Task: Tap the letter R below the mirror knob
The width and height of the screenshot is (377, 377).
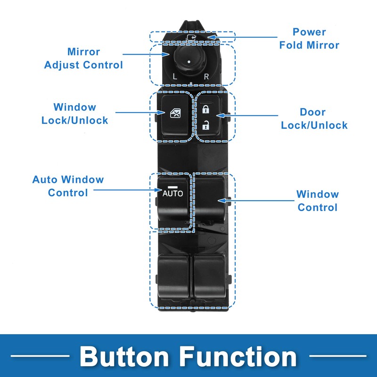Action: pos(206,77)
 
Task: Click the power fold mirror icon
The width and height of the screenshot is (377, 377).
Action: pos(191,37)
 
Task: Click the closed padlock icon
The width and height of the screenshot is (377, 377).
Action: pos(205,110)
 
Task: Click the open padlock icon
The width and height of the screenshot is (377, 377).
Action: pos(205,125)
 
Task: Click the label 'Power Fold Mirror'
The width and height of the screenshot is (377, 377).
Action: pos(309,39)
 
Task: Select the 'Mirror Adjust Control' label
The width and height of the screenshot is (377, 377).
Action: pos(83,58)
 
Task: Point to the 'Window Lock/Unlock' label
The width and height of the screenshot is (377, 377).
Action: pos(74,114)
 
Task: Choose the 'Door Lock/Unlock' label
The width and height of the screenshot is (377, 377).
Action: pos(314,119)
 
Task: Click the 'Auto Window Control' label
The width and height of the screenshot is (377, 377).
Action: pos(68,186)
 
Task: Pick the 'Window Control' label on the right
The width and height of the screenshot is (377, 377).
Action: pos(318,201)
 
